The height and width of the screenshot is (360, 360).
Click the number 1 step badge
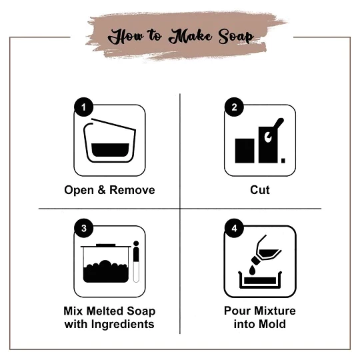click(x=83, y=107)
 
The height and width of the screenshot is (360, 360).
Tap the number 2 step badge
click(x=234, y=107)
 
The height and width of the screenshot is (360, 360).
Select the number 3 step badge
click(x=83, y=228)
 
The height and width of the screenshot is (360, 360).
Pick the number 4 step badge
click(x=234, y=228)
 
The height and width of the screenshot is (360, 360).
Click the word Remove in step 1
click(x=132, y=190)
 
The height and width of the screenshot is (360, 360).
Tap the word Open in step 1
click(x=79, y=191)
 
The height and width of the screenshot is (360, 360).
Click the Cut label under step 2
click(x=260, y=190)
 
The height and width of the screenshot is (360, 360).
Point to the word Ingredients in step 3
click(x=123, y=325)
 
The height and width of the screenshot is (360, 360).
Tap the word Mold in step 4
click(x=273, y=324)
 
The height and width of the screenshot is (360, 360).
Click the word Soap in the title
click(x=236, y=37)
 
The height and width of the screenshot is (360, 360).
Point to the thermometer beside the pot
click(x=136, y=261)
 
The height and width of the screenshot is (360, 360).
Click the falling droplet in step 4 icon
click(x=252, y=269)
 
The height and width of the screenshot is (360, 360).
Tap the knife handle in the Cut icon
click(x=279, y=124)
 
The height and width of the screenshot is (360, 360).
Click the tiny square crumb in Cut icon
click(x=283, y=161)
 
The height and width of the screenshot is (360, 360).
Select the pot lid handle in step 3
click(x=105, y=245)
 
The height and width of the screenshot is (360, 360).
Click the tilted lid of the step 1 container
click(x=113, y=125)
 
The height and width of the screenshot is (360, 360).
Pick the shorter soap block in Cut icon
click(x=245, y=151)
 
